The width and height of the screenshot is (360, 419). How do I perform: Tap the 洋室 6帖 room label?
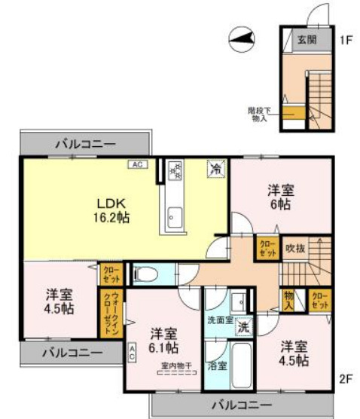pos(279,197)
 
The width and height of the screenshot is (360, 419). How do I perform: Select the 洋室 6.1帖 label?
pos(163,340)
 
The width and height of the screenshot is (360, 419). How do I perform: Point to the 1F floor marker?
pos(346,38)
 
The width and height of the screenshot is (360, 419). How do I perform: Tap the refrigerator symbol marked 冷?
pos(215,170)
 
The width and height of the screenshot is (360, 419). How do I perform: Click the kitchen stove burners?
pos(175,171)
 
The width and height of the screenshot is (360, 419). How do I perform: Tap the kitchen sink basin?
pos(173,219)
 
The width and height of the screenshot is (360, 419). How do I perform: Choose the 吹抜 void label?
pos(294,246)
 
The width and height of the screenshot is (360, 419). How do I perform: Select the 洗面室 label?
pos(218,320)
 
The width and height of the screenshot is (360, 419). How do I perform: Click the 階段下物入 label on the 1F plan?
pos(258,114)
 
